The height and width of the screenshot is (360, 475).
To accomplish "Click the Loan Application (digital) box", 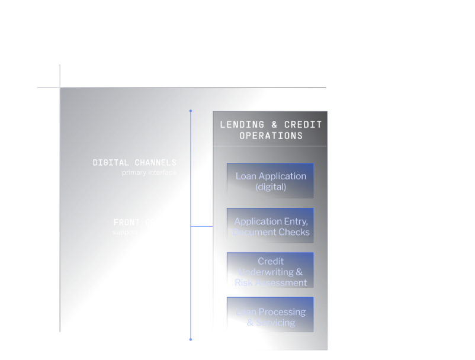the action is [x=270, y=181].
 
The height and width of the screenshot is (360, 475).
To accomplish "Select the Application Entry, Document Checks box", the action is [x=270, y=226].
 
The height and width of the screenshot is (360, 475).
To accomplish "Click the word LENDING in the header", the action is [x=242, y=124].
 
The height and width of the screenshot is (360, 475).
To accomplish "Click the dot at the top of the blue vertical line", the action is [x=191, y=111].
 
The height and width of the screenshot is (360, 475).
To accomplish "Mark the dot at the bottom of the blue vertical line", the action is [x=191, y=339].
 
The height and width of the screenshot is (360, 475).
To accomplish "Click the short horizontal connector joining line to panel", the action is [x=201, y=226].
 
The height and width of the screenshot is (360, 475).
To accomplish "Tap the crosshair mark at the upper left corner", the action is [x=60, y=88].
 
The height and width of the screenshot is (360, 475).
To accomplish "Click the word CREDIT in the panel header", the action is [x=303, y=124].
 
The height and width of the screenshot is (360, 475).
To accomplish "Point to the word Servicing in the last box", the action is [x=275, y=323].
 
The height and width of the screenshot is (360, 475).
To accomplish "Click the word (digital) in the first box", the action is [x=271, y=187].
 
